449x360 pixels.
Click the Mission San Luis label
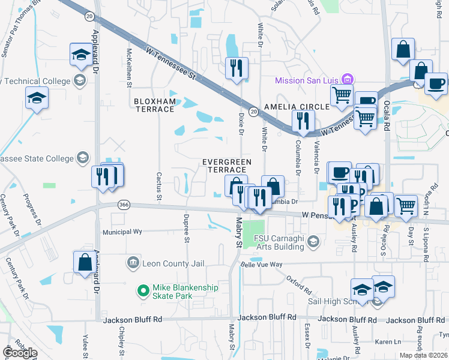pyautogui.click(x=306, y=80)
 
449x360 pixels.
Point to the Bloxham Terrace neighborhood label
pyautogui.click(x=154, y=105)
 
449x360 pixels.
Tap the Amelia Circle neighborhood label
pyautogui.click(x=297, y=106)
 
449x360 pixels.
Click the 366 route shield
pyautogui.click(x=124, y=205)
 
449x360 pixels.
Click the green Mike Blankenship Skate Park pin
pyautogui.click(x=143, y=292)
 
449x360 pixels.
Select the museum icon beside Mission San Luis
pyautogui.click(x=346, y=79)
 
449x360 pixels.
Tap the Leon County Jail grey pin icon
pyautogui.click(x=133, y=262)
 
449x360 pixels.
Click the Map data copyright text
pyautogui.click(x=424, y=355)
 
